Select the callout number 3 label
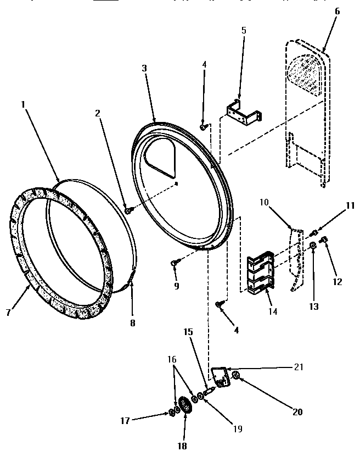point(144,68)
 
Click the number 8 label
point(132,324)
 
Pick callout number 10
point(264,203)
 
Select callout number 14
point(273,311)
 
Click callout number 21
point(299,367)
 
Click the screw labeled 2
point(128,210)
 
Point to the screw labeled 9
point(174,263)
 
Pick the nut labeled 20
point(236,376)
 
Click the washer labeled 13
point(312,245)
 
